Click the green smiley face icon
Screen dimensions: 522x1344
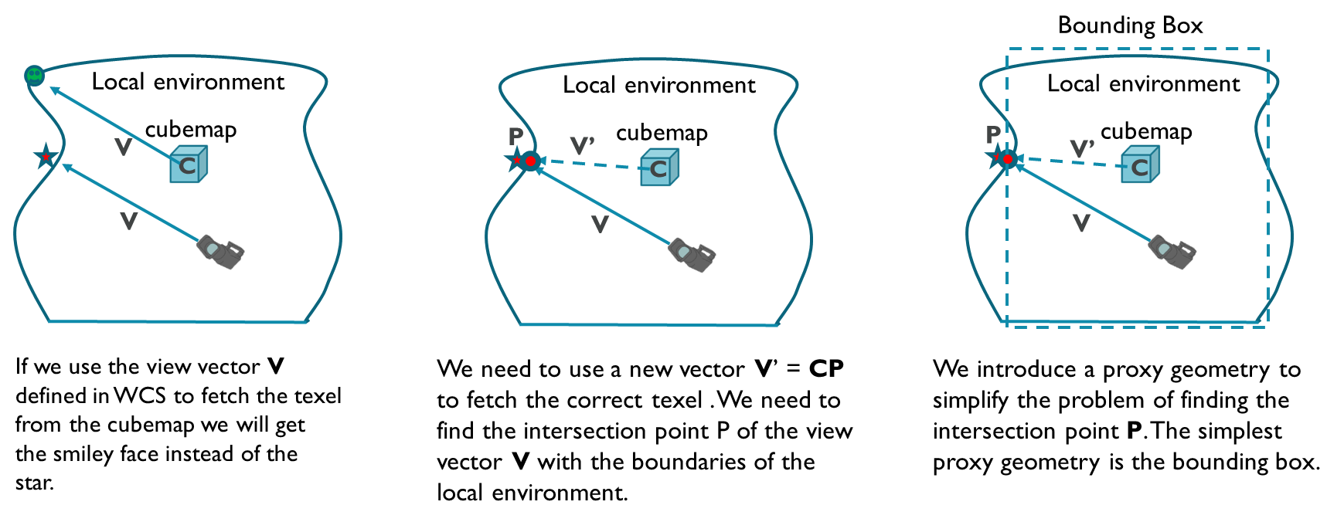point(34,75)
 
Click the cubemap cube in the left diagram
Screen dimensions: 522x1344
point(189,165)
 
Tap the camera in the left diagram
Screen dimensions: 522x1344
point(221,251)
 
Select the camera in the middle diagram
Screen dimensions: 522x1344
point(692,255)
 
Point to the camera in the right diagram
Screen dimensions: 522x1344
point(1172,252)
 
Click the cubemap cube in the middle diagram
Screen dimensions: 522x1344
point(659,168)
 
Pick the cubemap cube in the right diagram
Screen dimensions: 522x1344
point(1140,167)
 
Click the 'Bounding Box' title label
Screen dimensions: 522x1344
point(1130,25)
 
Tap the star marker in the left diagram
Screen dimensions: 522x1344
point(46,157)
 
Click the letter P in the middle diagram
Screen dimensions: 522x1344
point(515,136)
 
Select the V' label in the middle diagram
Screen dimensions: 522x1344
point(582,145)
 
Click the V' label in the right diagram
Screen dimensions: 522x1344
point(1082,147)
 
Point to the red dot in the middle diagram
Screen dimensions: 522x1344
point(531,161)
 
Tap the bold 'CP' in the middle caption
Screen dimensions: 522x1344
point(826,369)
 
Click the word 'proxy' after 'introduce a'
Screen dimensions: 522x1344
point(1133,370)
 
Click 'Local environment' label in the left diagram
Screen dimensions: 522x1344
point(188,82)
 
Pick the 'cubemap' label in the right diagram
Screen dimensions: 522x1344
point(1146,131)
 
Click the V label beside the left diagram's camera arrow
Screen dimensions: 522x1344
point(129,222)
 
